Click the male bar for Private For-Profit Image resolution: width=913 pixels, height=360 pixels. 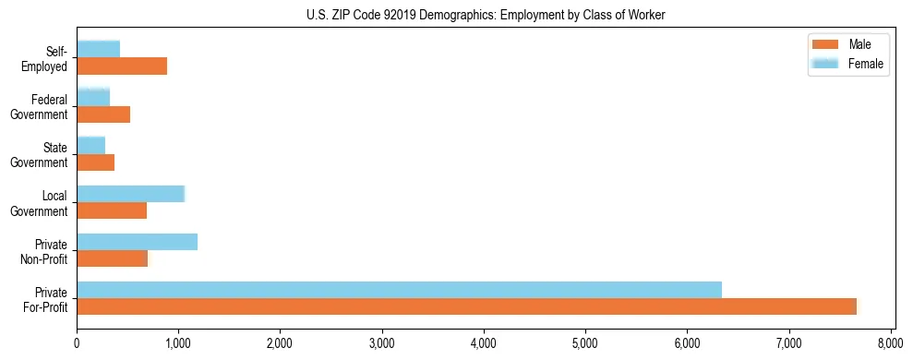[466, 306]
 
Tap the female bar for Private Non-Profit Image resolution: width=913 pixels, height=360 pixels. [137, 242]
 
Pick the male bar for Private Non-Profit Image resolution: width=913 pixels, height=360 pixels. [112, 258]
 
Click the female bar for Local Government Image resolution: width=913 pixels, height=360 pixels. [130, 194]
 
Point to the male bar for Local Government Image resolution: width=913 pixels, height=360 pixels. [112, 210]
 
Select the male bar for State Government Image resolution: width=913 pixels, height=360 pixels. [95, 162]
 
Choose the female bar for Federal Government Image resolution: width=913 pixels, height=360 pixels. [93, 97]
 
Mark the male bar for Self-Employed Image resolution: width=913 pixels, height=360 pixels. [122, 66]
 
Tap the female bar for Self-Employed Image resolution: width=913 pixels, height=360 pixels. [98, 49]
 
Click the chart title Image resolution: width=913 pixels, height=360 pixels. [486, 15]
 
